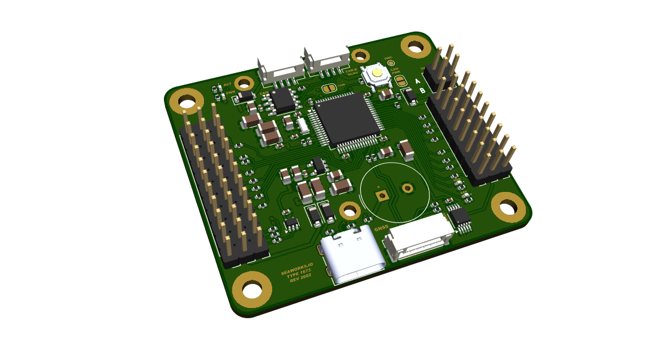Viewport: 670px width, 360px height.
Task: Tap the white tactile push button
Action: click(377, 75)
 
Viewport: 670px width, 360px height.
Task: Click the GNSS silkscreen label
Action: click(381, 228)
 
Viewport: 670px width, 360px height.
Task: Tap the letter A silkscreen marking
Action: click(418, 81)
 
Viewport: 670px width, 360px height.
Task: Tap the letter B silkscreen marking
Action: click(422, 91)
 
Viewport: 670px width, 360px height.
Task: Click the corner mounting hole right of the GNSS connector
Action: click(508, 207)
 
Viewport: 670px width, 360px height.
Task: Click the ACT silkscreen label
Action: click(227, 84)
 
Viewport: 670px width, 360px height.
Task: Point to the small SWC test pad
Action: click(390, 62)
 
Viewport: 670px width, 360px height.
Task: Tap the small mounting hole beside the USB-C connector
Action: click(349, 210)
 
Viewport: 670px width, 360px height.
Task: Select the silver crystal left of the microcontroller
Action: click(303, 125)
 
